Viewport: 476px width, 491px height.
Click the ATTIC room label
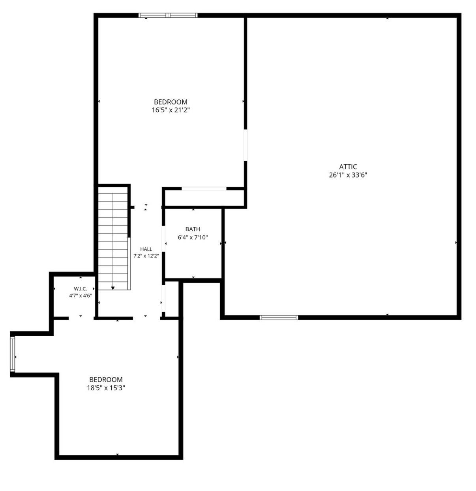pos(348,167)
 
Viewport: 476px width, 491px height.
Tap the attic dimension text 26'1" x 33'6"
pos(348,175)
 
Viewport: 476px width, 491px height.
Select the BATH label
pos(193,229)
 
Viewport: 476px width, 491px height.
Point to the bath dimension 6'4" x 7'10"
pos(193,237)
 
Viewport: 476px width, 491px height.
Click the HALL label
pos(146,249)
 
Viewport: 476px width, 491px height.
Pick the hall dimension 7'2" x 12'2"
pos(146,256)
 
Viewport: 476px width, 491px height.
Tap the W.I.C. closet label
pos(81,289)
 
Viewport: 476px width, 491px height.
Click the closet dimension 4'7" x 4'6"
pos(81,296)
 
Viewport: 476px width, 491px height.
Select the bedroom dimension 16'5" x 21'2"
pos(171,110)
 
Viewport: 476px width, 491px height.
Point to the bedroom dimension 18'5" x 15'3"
pos(106,388)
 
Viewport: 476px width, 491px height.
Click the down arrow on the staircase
pos(113,288)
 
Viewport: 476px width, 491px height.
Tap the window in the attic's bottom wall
pos(279,317)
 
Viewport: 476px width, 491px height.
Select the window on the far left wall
pos(12,354)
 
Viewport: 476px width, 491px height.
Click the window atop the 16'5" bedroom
pos(168,15)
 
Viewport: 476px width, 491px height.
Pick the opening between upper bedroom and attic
pos(245,145)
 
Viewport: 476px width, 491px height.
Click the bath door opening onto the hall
pos(163,239)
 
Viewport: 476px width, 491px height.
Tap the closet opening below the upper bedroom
pos(204,188)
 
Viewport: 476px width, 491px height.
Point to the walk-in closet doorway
pos(81,318)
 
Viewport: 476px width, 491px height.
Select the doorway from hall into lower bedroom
pos(146,318)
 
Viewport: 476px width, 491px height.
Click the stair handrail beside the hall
pos(129,263)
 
